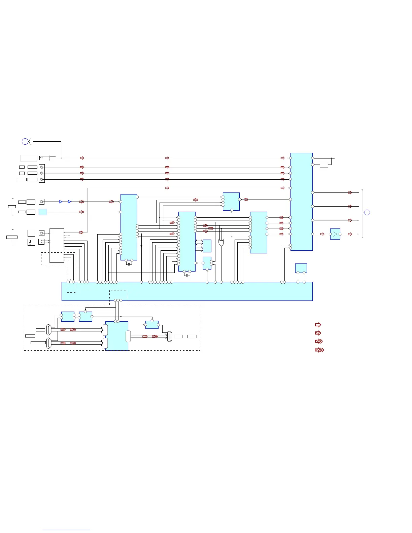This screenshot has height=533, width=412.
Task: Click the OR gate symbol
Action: [x=221, y=242]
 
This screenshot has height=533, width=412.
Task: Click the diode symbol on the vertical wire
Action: [x=141, y=247]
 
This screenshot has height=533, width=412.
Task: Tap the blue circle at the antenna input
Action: [x=25, y=142]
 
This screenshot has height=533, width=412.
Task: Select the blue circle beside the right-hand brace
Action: [x=367, y=212]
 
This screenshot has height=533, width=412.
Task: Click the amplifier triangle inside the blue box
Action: [x=335, y=234]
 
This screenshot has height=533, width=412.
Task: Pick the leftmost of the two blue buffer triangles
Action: [x=61, y=202]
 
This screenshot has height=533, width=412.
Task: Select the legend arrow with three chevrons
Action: [x=319, y=350]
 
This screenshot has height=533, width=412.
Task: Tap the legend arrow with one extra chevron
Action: [x=319, y=341]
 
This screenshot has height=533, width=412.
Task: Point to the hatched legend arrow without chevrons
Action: [x=318, y=333]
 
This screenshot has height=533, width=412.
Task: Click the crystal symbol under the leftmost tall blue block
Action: [x=129, y=264]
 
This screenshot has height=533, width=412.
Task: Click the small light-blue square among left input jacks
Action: [x=43, y=212]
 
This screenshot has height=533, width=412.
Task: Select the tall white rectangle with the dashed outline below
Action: [x=57, y=245]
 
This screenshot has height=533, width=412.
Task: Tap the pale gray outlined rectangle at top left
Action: [x=29, y=158]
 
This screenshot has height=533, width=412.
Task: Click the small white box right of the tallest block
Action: [x=324, y=165]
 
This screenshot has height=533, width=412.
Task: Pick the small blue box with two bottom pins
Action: [x=301, y=268]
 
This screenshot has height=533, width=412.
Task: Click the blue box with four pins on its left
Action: [x=231, y=202]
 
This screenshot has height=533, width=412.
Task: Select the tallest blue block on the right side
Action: [x=302, y=202]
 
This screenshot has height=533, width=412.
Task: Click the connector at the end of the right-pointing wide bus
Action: [x=170, y=336]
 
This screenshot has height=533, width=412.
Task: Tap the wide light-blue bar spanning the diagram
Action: [x=187, y=291]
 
